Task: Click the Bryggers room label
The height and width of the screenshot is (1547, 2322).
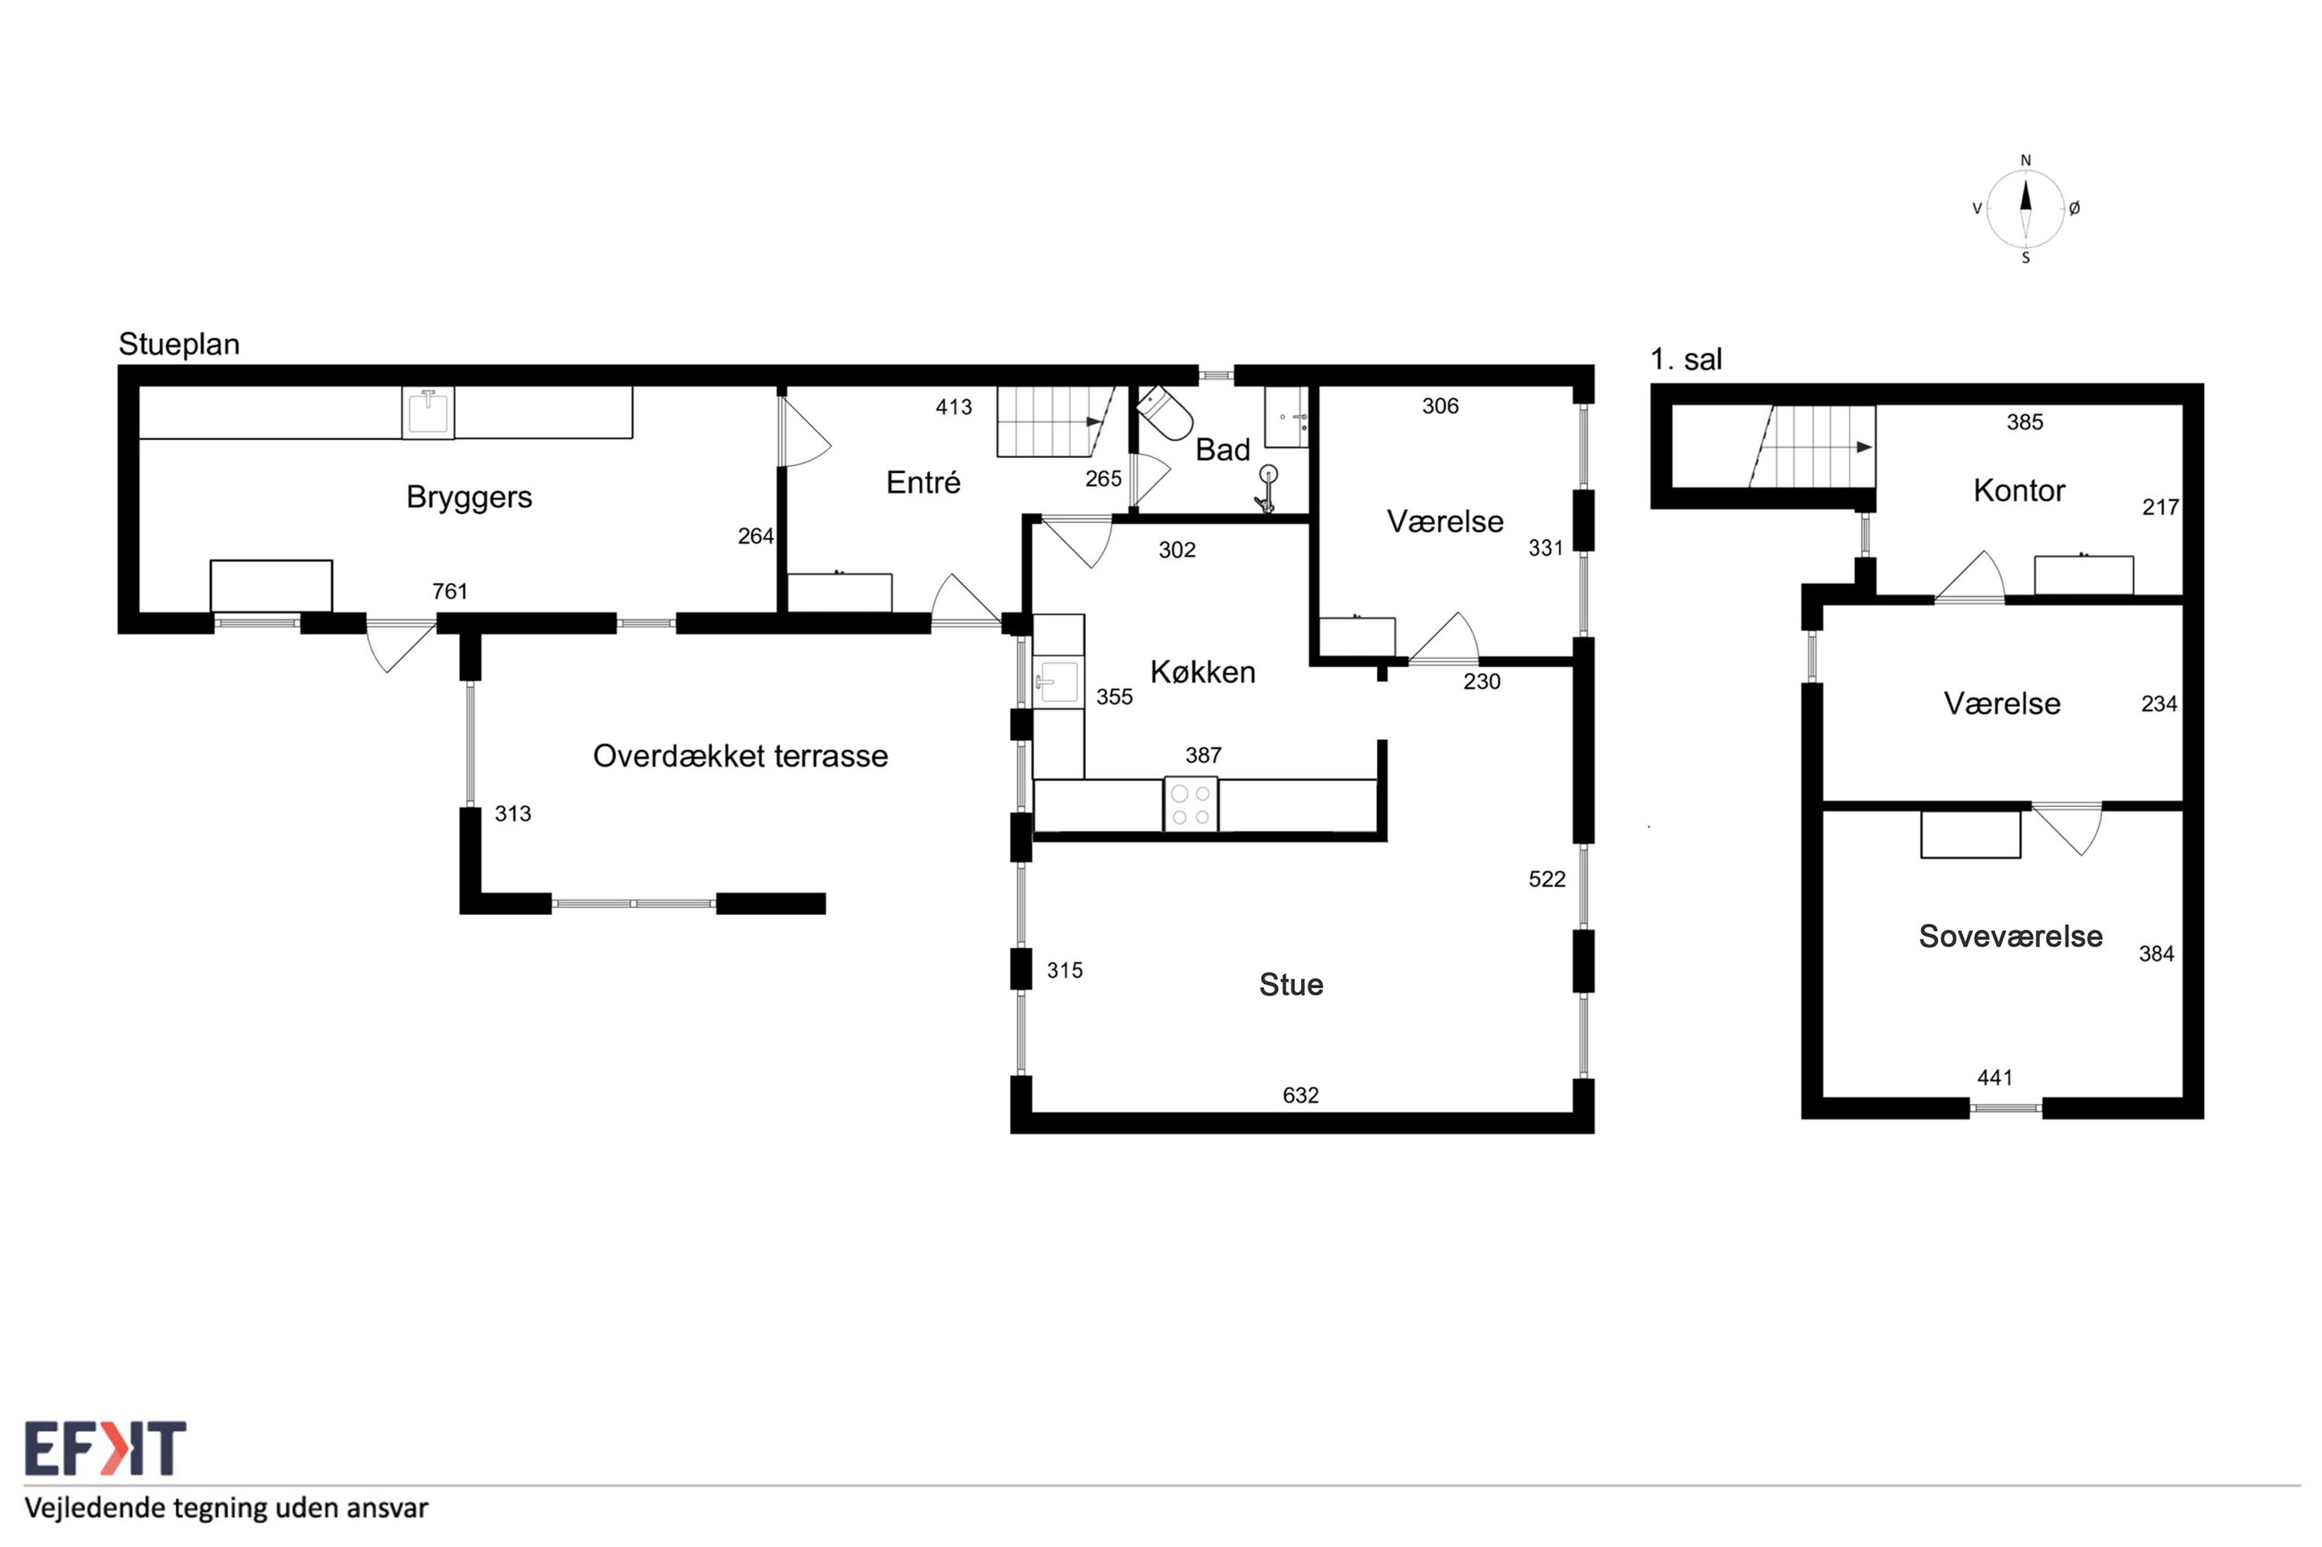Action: tap(469, 497)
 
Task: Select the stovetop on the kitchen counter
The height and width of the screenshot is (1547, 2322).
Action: tap(1190, 804)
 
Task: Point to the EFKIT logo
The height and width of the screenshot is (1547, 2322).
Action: tap(104, 1447)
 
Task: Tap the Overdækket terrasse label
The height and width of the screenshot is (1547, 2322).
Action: tap(740, 756)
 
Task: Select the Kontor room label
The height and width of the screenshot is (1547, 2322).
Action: tap(2019, 490)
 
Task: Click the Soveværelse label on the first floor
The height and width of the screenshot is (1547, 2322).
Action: tap(2010, 936)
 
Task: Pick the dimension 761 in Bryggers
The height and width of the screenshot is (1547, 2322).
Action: tap(449, 591)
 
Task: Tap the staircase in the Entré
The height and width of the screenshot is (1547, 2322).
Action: tap(1055, 421)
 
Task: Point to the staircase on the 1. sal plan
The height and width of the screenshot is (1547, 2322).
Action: tap(1812, 447)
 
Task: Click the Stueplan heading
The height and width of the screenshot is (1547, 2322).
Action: tap(179, 345)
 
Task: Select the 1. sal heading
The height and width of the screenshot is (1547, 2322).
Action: tap(1686, 359)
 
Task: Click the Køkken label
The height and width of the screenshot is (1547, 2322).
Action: tap(1203, 672)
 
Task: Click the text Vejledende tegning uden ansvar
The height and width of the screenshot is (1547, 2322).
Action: tap(227, 1509)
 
